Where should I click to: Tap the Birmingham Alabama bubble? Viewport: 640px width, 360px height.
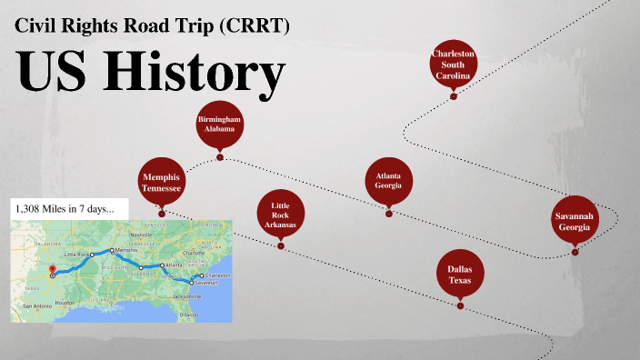(218, 128)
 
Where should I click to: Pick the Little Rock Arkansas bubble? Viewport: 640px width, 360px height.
(280, 215)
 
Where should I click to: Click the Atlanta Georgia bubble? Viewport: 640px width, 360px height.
(388, 180)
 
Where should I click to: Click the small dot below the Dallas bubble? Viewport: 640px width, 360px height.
(460, 306)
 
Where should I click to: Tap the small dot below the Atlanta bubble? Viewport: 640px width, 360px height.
(388, 214)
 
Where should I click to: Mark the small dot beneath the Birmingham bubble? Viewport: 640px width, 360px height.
(220, 158)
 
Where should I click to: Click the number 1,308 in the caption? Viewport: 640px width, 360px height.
(30, 209)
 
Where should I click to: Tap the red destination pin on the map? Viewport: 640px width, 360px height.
(52, 269)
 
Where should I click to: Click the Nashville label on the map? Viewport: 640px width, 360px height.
(140, 235)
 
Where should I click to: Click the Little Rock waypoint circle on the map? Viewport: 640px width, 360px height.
(93, 255)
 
